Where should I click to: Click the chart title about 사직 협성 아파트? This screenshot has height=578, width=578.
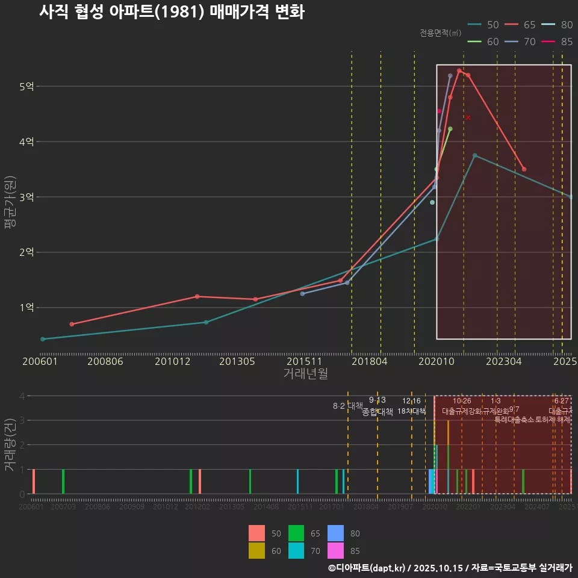(172, 13)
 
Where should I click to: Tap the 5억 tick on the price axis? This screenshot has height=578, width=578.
(26, 87)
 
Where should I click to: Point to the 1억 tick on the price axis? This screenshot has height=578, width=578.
(26, 308)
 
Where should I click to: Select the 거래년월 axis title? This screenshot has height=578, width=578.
(305, 373)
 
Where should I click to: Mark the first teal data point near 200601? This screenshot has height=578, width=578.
(42, 339)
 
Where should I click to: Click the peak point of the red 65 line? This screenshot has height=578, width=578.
(459, 71)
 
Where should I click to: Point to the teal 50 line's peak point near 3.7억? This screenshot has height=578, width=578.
(474, 155)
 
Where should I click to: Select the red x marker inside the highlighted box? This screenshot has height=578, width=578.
(468, 117)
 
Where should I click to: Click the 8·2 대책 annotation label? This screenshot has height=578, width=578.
(348, 406)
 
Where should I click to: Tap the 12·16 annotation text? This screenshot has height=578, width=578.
(411, 401)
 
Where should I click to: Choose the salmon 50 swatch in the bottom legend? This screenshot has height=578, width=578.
(256, 533)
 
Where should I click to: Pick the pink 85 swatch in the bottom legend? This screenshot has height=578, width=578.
(335, 550)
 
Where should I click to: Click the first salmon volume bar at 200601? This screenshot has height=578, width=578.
(34, 481)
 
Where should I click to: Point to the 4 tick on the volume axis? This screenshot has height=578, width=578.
(22, 396)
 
